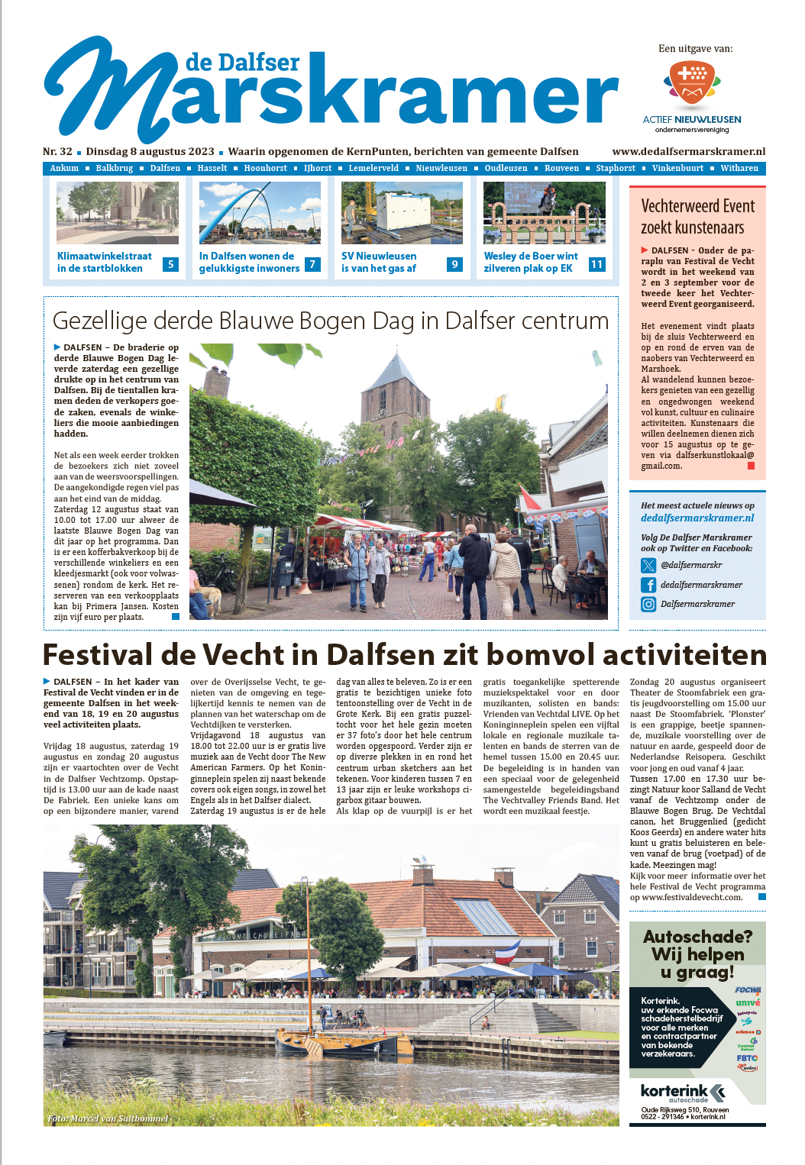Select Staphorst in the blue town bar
pos(615,168)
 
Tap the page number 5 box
pos(170,264)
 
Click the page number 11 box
pos(596,264)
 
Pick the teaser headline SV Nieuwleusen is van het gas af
pos(379,262)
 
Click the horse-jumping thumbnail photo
pos(544,212)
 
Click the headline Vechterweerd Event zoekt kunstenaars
pos(697,217)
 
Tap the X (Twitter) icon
pos(648,565)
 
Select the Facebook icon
pos(648,585)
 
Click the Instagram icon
pos(648,604)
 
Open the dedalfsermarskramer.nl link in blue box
pos(697,518)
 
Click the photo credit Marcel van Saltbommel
pos(108,1118)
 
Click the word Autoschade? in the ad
pos(697,937)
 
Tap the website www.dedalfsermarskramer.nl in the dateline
pos(688,151)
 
